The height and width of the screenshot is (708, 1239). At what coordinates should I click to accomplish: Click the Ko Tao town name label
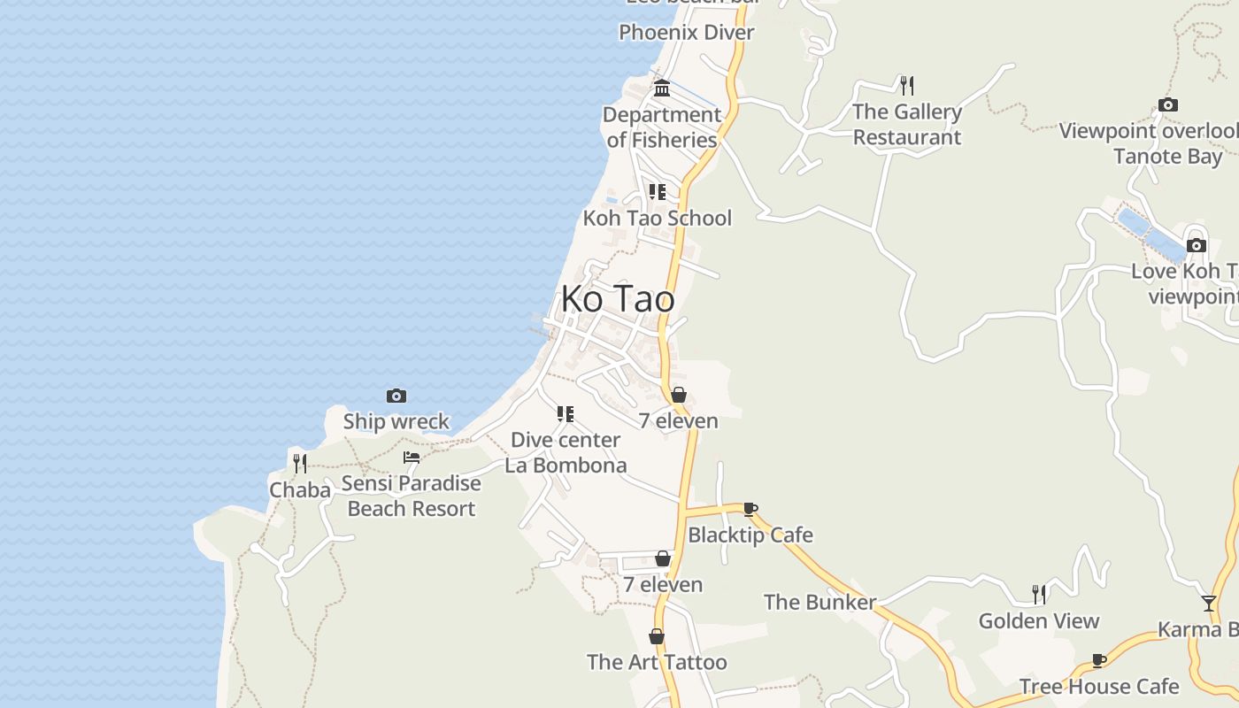pyautogui.click(x=618, y=299)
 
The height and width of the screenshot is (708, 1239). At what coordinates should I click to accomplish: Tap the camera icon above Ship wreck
pyautogui.click(x=396, y=396)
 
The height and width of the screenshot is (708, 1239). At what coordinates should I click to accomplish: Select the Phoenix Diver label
pyautogui.click(x=686, y=33)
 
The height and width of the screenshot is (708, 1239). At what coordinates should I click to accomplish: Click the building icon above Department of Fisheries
pyautogui.click(x=662, y=88)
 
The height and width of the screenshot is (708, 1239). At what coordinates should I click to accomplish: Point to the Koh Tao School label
pyautogui.click(x=657, y=218)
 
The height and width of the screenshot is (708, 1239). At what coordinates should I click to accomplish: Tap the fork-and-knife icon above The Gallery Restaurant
pyautogui.click(x=906, y=86)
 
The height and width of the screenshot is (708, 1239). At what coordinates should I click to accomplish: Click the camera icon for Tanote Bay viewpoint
pyautogui.click(x=1168, y=105)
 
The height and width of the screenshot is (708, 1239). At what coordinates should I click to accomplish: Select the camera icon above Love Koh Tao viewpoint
pyautogui.click(x=1197, y=245)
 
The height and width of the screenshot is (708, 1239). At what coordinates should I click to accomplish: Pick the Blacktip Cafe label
pyautogui.click(x=750, y=535)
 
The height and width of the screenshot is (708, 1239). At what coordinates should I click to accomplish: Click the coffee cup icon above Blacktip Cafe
pyautogui.click(x=750, y=509)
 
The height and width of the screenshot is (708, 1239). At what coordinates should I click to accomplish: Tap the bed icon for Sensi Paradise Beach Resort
pyautogui.click(x=412, y=458)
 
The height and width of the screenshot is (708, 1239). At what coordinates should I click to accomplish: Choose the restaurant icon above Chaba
pyautogui.click(x=300, y=463)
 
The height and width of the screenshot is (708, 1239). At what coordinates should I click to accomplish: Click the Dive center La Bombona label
pyautogui.click(x=566, y=452)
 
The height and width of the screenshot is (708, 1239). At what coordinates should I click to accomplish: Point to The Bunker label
pyautogui.click(x=820, y=603)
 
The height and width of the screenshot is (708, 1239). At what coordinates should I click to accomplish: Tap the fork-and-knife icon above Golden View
pyautogui.click(x=1039, y=594)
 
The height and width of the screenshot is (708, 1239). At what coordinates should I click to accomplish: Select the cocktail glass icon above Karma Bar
pyautogui.click(x=1209, y=604)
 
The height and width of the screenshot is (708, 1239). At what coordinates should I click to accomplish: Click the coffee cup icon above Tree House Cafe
pyautogui.click(x=1099, y=660)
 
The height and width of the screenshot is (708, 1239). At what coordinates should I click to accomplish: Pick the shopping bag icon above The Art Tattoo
pyautogui.click(x=657, y=636)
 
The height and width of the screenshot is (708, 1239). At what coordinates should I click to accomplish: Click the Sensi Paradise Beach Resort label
pyautogui.click(x=412, y=496)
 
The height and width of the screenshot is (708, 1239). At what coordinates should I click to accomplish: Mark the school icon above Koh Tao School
pyautogui.click(x=657, y=191)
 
